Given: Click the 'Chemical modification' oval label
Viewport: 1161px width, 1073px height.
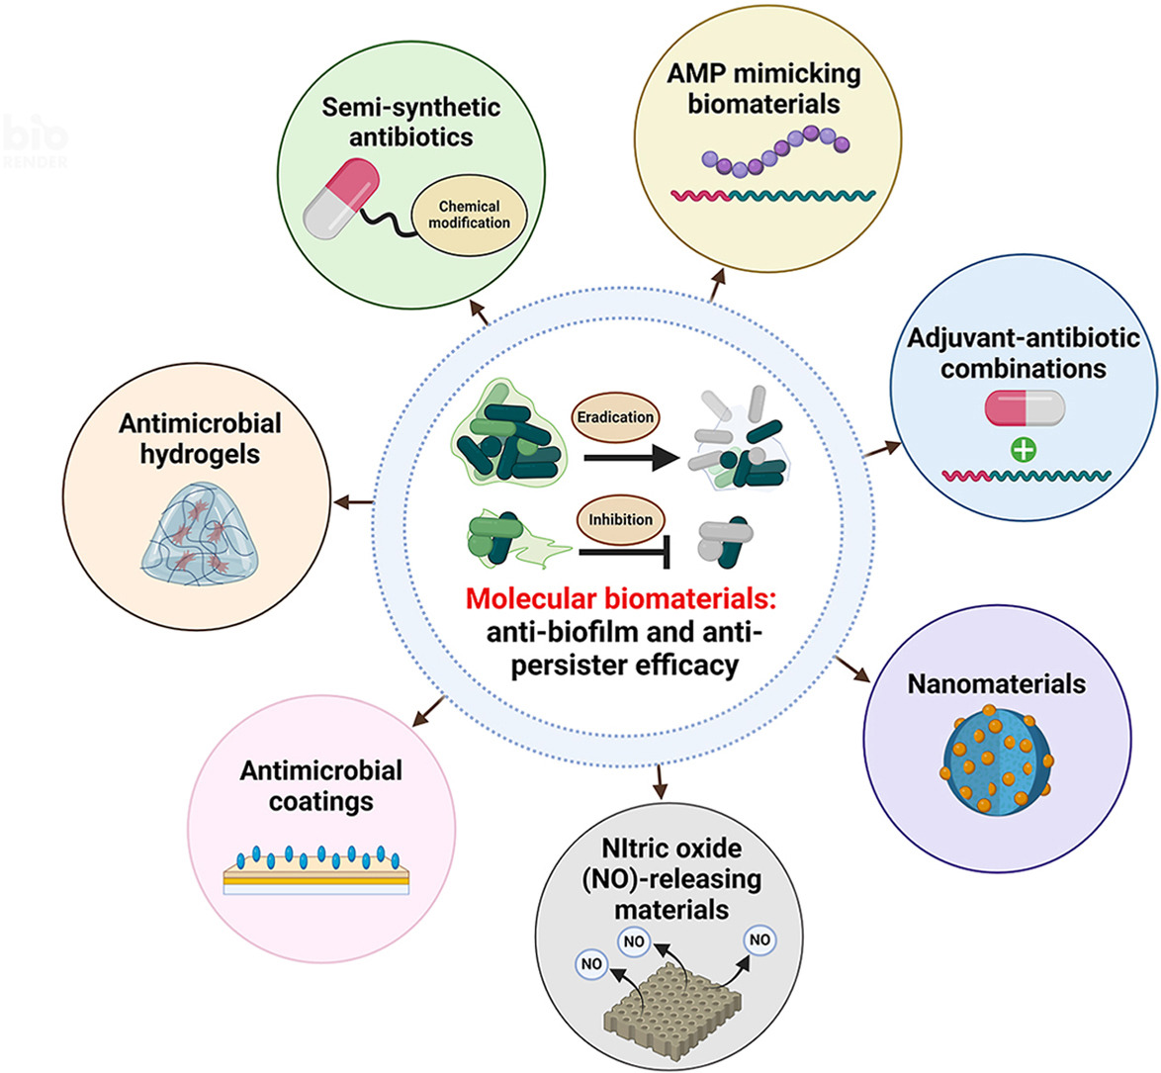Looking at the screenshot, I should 469,215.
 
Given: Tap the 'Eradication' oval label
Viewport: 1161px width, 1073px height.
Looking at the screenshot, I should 615,417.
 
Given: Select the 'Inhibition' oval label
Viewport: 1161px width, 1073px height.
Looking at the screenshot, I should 620,519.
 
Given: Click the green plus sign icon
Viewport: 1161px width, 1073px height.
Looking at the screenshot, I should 1024,450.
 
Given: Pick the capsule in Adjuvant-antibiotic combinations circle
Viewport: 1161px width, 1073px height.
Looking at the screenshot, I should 1025,407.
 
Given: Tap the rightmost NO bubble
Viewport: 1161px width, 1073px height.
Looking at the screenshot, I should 759,939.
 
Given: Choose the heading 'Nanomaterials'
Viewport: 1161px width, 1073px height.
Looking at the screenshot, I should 996,684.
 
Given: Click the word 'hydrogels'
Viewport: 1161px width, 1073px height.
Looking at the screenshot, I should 201,455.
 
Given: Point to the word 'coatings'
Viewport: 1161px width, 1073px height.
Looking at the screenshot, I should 320,800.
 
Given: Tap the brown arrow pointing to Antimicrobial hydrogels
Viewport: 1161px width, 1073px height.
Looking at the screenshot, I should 353,503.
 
